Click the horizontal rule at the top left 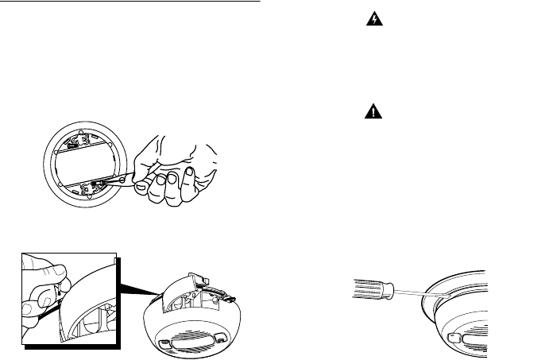coord(130,2)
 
